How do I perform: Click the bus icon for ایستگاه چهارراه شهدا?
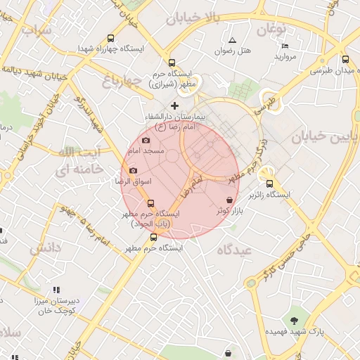(x=110, y=39)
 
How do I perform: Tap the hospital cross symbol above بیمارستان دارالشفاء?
(x=175, y=105)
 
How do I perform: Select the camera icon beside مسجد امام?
(x=146, y=140)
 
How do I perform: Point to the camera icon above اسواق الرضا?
(x=133, y=170)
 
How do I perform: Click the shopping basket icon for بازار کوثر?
(x=231, y=200)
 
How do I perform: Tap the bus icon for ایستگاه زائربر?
(x=289, y=184)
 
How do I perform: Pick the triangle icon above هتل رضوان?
(x=232, y=39)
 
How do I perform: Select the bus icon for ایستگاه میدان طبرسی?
(x=345, y=60)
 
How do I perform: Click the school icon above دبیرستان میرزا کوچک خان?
(x=57, y=289)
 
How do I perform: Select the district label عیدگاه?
(x=235, y=250)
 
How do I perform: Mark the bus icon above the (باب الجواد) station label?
(x=151, y=202)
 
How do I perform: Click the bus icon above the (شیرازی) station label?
(x=172, y=62)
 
